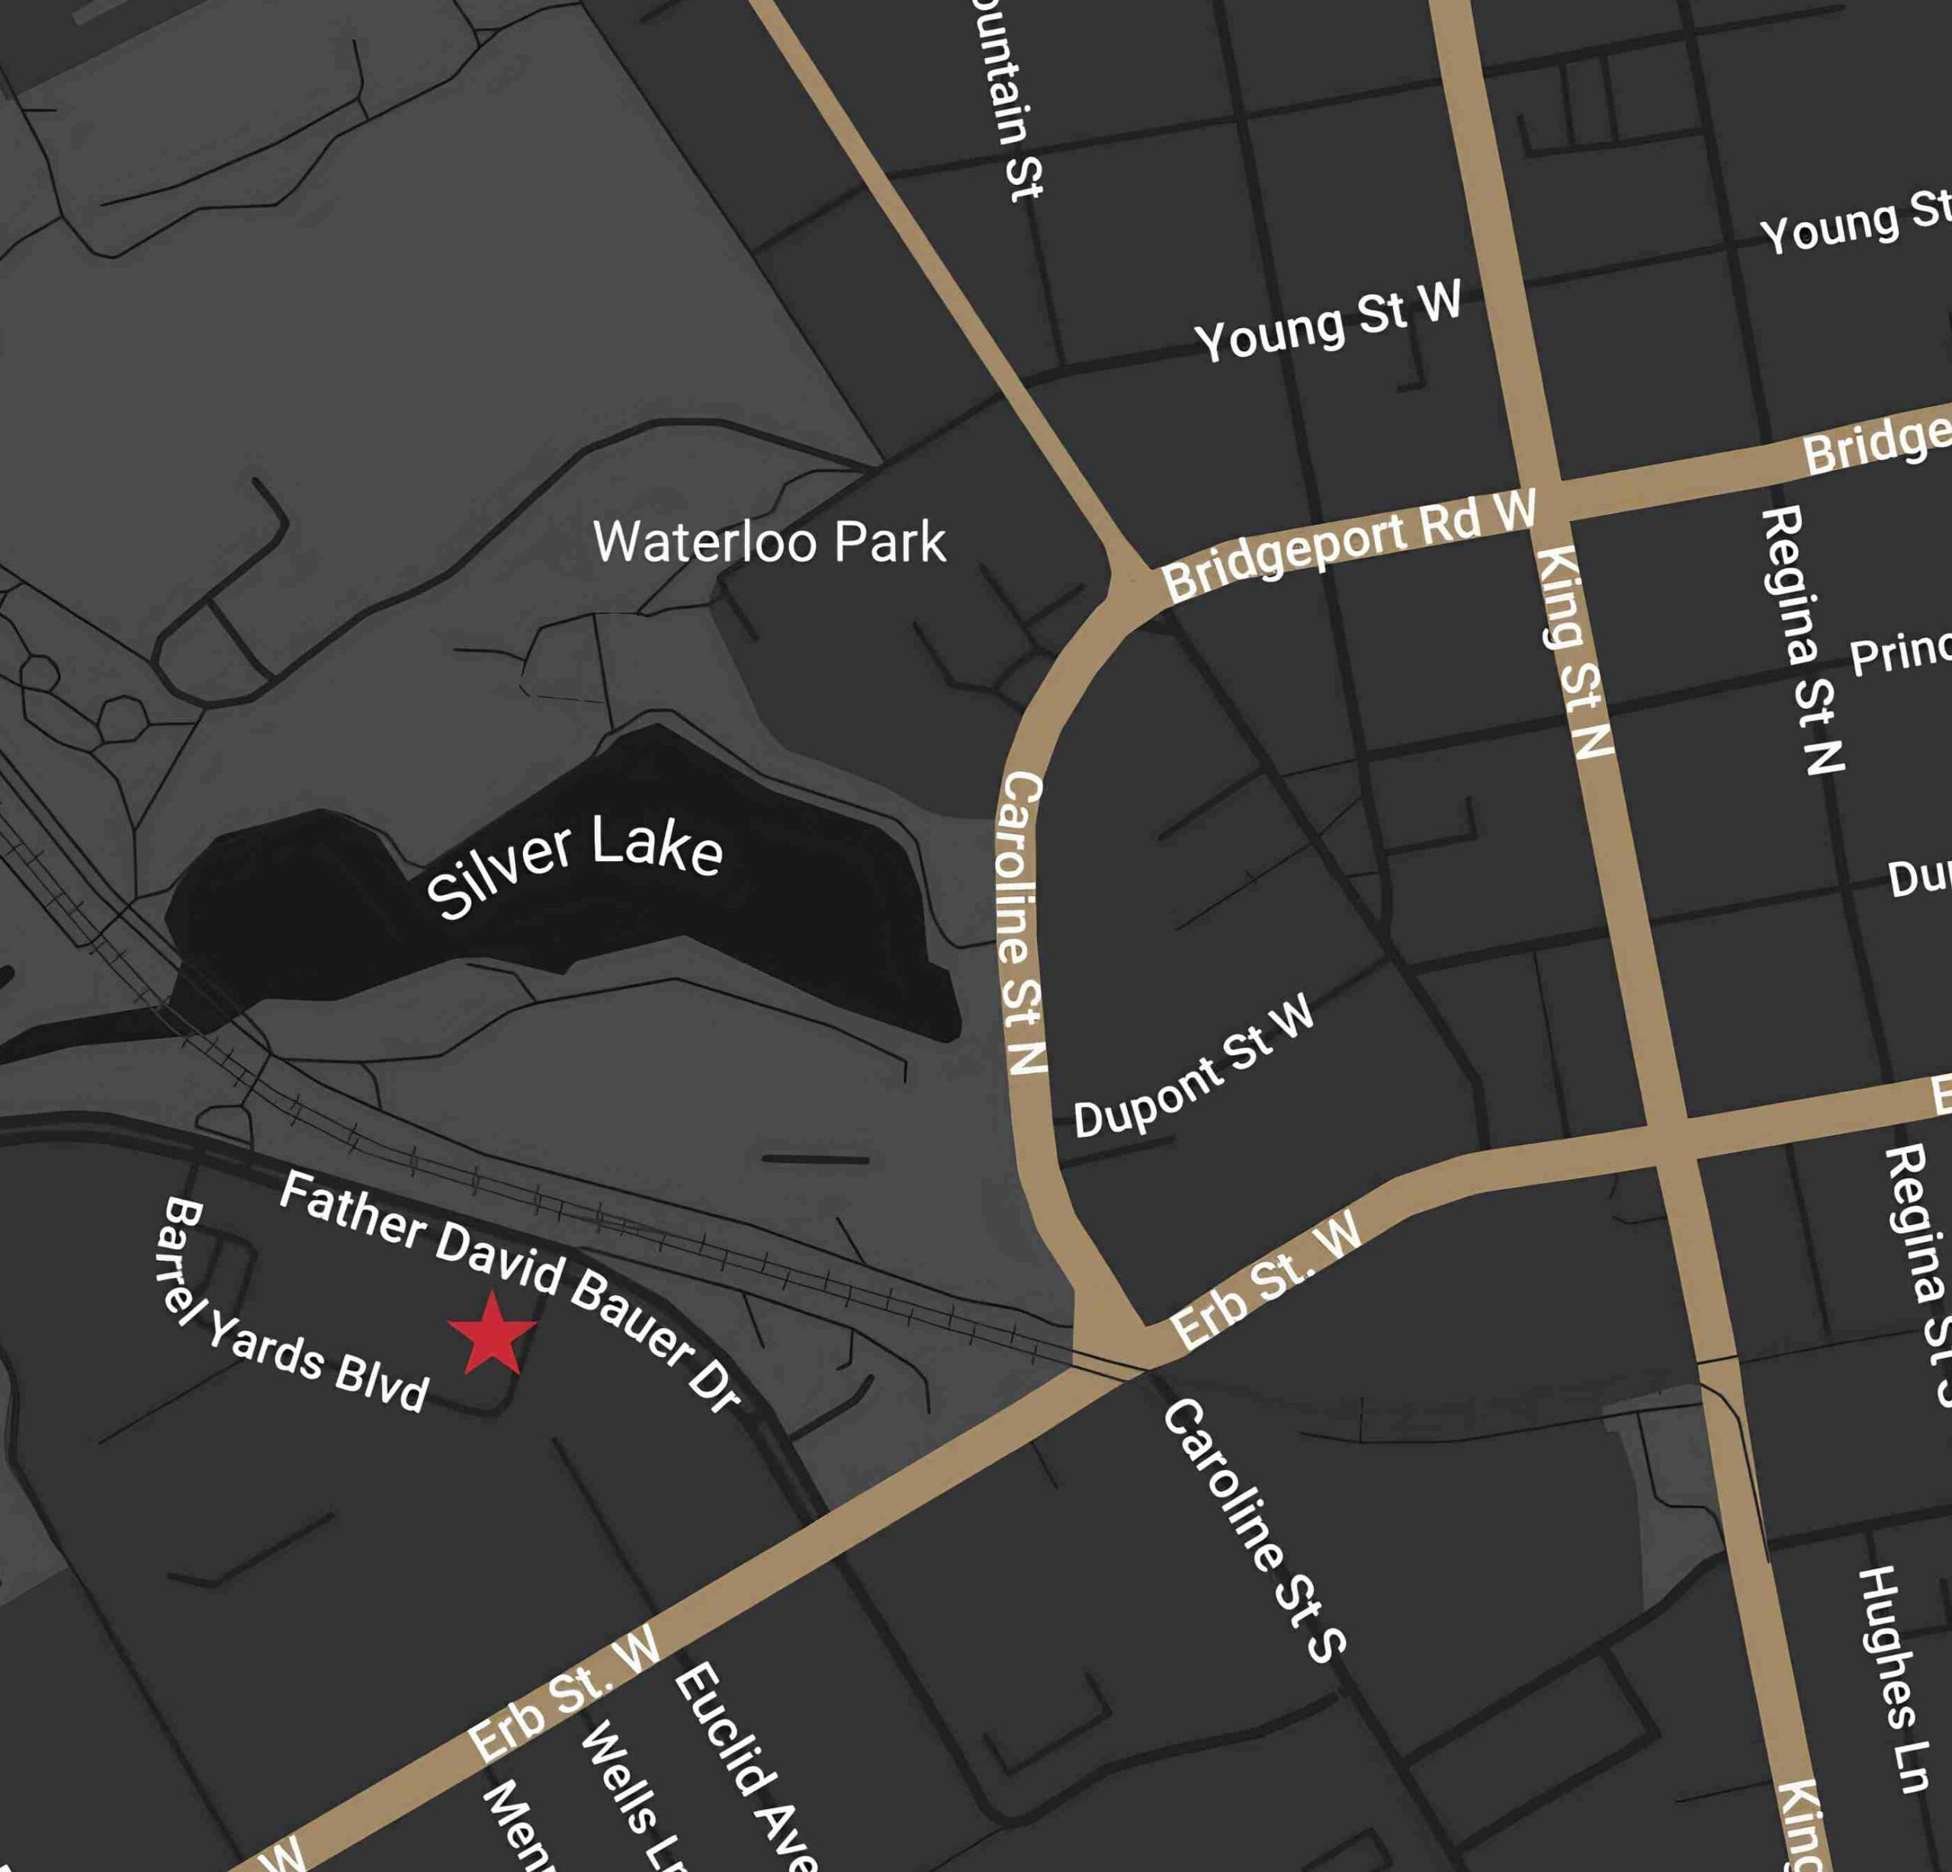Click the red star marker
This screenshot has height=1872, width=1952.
(x=492, y=1335)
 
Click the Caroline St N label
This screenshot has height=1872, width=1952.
(x=1022, y=922)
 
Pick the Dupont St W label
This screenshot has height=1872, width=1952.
(x=1194, y=1069)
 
